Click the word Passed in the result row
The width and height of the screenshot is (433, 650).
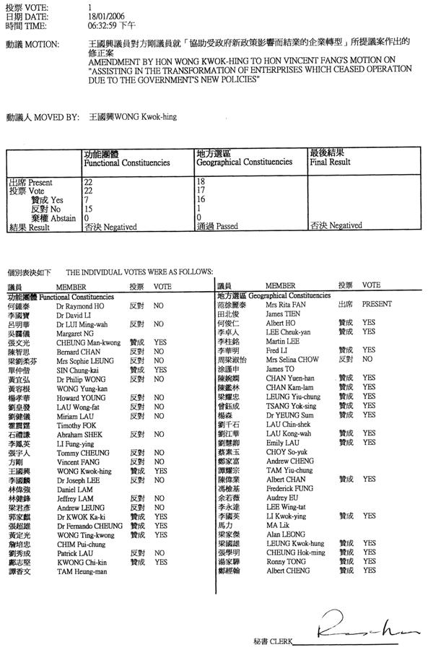coord(228,226)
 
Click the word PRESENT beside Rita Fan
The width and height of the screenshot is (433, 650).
coord(375,305)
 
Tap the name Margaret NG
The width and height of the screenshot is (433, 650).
coord(74,334)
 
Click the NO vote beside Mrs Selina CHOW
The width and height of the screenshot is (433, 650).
coord(368,359)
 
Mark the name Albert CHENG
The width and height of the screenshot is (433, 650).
coord(285,571)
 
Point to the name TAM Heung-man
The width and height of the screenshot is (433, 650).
coord(80,571)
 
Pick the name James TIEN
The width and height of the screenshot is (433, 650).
coord(281,314)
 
